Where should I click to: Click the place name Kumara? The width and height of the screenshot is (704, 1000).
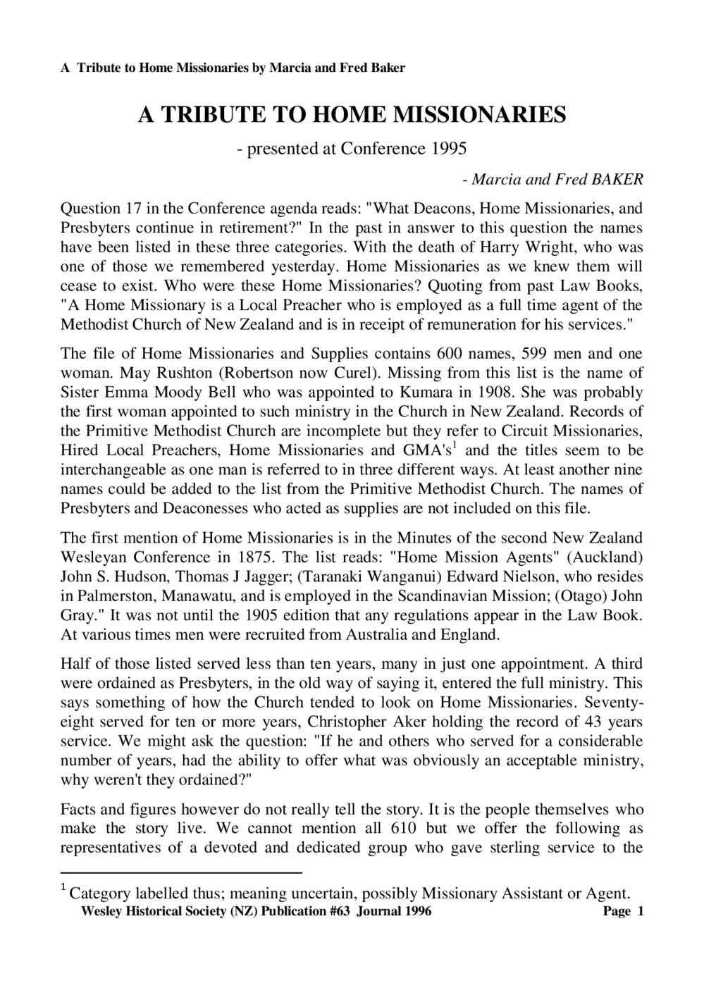click(457, 392)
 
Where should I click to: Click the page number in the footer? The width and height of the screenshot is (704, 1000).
click(641, 911)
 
